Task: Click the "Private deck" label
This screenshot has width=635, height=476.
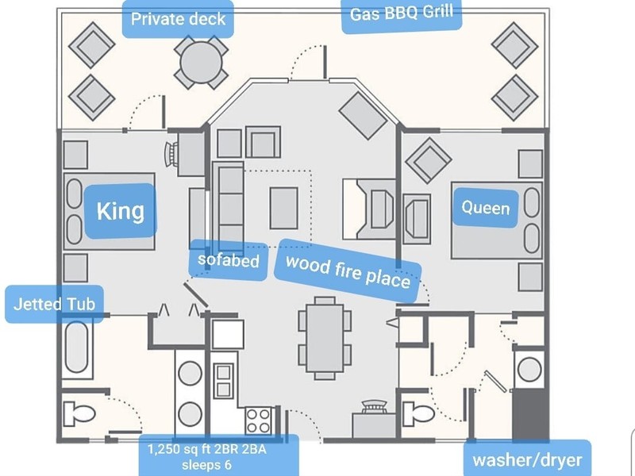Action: tap(178, 19)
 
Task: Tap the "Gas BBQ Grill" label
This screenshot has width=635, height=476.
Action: tap(402, 13)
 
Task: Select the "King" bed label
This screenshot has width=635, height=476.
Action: tap(121, 211)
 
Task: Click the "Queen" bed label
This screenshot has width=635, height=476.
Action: tap(486, 208)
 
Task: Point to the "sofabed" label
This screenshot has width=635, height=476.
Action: tap(229, 260)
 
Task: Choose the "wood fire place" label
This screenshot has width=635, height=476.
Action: tap(348, 271)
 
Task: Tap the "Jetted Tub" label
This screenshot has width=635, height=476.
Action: tap(54, 304)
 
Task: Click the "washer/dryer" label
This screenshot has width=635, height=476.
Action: tap(527, 460)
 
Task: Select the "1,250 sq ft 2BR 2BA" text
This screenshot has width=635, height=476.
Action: tap(206, 449)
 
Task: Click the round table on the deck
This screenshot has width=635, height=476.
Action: tap(201, 63)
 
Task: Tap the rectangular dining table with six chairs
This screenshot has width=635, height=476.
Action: tap(325, 339)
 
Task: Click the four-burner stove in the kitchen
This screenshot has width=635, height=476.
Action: tap(259, 420)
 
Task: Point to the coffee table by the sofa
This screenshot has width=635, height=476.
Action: tap(284, 208)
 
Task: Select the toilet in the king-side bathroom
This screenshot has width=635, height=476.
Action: tap(79, 413)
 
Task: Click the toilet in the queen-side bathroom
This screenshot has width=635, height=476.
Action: tap(418, 413)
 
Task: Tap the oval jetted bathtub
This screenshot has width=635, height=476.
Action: tap(76, 347)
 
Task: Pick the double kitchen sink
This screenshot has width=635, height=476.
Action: tap(223, 381)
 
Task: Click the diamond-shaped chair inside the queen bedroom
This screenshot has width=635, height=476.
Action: tap(429, 161)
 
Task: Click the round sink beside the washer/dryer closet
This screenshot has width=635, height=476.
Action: tap(529, 370)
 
